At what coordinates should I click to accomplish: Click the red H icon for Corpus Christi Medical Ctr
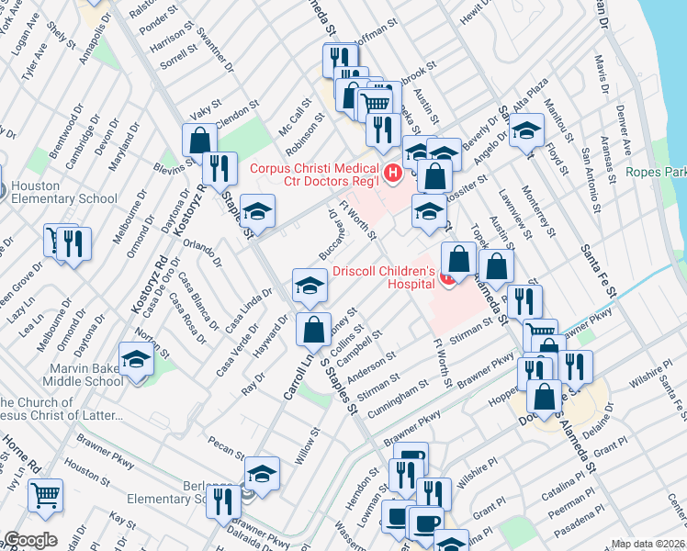tap(393, 172)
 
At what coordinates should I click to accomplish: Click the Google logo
tap(30, 540)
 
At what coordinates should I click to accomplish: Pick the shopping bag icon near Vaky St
tap(198, 141)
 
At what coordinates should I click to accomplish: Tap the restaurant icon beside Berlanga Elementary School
tap(223, 501)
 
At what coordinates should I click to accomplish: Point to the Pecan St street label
tap(226, 449)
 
